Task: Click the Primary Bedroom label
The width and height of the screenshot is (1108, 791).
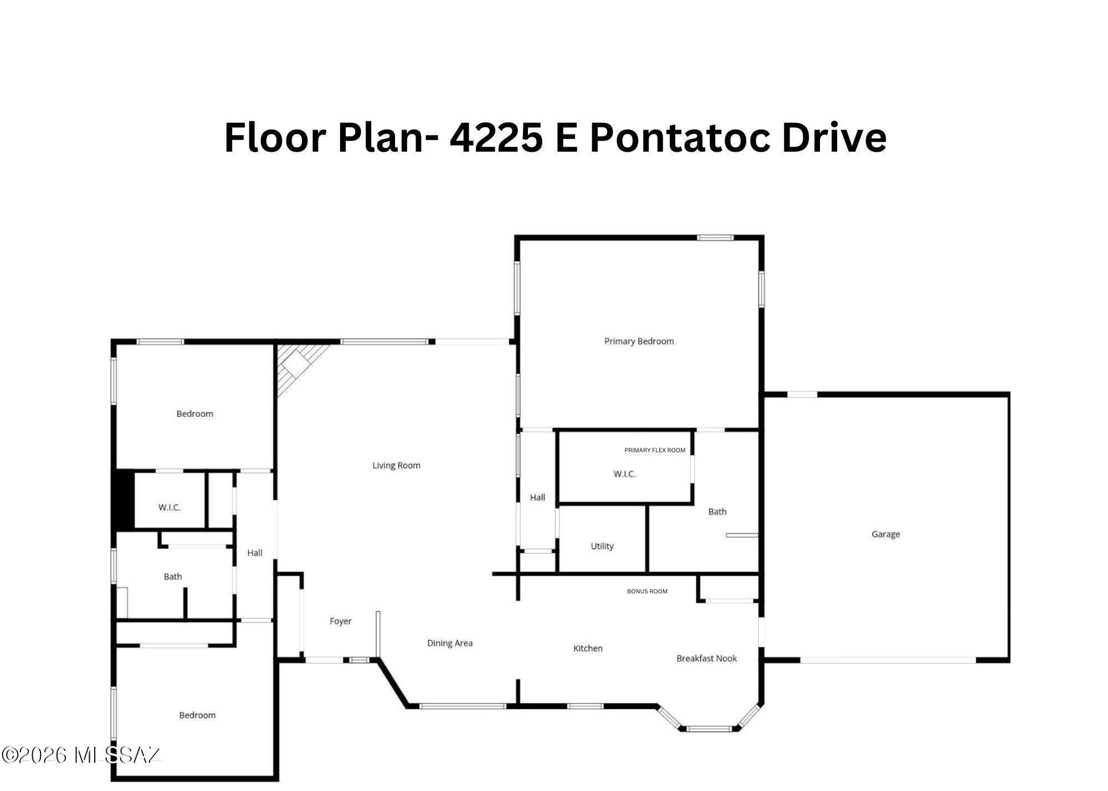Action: click(x=639, y=341)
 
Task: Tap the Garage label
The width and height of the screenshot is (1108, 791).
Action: click(x=885, y=534)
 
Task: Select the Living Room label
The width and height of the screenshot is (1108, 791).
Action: click(x=396, y=466)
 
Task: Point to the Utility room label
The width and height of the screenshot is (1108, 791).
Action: click(x=602, y=546)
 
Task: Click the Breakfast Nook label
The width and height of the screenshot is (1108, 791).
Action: click(x=706, y=658)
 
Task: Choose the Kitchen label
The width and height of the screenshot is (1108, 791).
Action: click(x=588, y=648)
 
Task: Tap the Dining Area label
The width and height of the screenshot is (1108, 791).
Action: click(x=449, y=643)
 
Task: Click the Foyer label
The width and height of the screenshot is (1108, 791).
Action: click(x=340, y=621)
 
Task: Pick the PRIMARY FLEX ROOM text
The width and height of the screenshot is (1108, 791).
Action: click(x=655, y=450)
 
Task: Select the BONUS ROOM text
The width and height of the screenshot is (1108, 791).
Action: click(x=647, y=591)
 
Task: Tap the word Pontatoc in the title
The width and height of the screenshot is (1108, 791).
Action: click(x=680, y=137)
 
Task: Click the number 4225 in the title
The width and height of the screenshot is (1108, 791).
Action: click(x=496, y=137)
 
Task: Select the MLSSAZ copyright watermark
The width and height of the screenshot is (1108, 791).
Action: click(x=81, y=755)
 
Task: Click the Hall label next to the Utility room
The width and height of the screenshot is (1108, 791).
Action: click(x=537, y=498)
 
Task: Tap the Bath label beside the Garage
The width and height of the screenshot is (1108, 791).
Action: click(x=717, y=511)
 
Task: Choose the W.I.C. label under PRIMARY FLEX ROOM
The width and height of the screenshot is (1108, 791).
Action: click(x=624, y=474)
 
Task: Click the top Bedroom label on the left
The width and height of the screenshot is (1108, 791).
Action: click(x=194, y=413)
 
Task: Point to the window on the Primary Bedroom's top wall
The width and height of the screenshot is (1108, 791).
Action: click(x=715, y=237)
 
